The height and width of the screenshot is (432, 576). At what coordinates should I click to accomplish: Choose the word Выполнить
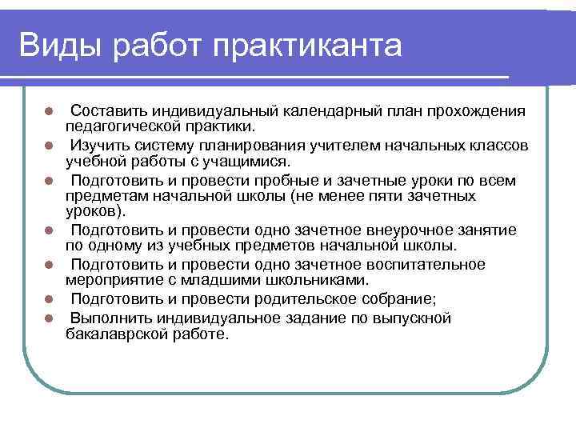(x=106, y=318)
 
